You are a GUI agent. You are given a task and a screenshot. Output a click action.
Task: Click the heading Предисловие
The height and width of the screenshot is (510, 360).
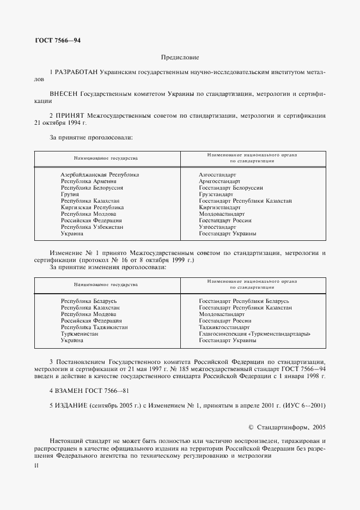[x=180, y=57]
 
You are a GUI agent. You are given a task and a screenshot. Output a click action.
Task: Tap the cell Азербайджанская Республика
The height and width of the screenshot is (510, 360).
[x=100, y=174]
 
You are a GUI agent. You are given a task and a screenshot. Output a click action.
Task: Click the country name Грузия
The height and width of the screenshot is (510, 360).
[x=70, y=194]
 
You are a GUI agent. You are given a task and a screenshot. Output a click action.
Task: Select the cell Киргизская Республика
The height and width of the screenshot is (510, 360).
[x=92, y=208]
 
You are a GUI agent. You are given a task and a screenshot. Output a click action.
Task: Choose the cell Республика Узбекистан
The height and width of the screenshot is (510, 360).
[x=92, y=227]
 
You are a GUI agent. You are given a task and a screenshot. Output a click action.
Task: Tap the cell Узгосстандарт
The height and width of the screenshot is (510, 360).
[x=217, y=227]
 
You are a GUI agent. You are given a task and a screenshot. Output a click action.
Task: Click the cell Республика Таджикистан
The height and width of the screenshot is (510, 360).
[x=94, y=327]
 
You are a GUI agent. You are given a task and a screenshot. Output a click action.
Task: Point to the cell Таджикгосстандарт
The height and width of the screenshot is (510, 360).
[x=224, y=327]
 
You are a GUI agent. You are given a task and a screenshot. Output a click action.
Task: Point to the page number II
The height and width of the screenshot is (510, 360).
[x=36, y=466]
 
